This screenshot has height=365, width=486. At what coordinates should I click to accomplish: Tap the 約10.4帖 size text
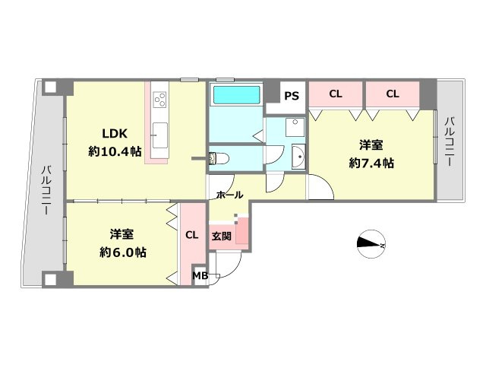(115, 151)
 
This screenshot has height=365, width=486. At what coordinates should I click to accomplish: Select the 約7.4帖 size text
(371, 163)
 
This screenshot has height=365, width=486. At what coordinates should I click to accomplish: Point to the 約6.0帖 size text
(122, 252)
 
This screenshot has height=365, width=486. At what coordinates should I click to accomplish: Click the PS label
(291, 96)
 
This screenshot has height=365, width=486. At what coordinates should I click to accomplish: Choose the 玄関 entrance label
(221, 235)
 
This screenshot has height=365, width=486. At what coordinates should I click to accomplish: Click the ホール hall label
(229, 195)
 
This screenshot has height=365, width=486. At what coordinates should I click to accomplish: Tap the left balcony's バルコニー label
(46, 191)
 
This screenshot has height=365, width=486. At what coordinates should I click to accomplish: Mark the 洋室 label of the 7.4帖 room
(371, 144)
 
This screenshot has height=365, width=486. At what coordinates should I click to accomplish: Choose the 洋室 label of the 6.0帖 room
(122, 234)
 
